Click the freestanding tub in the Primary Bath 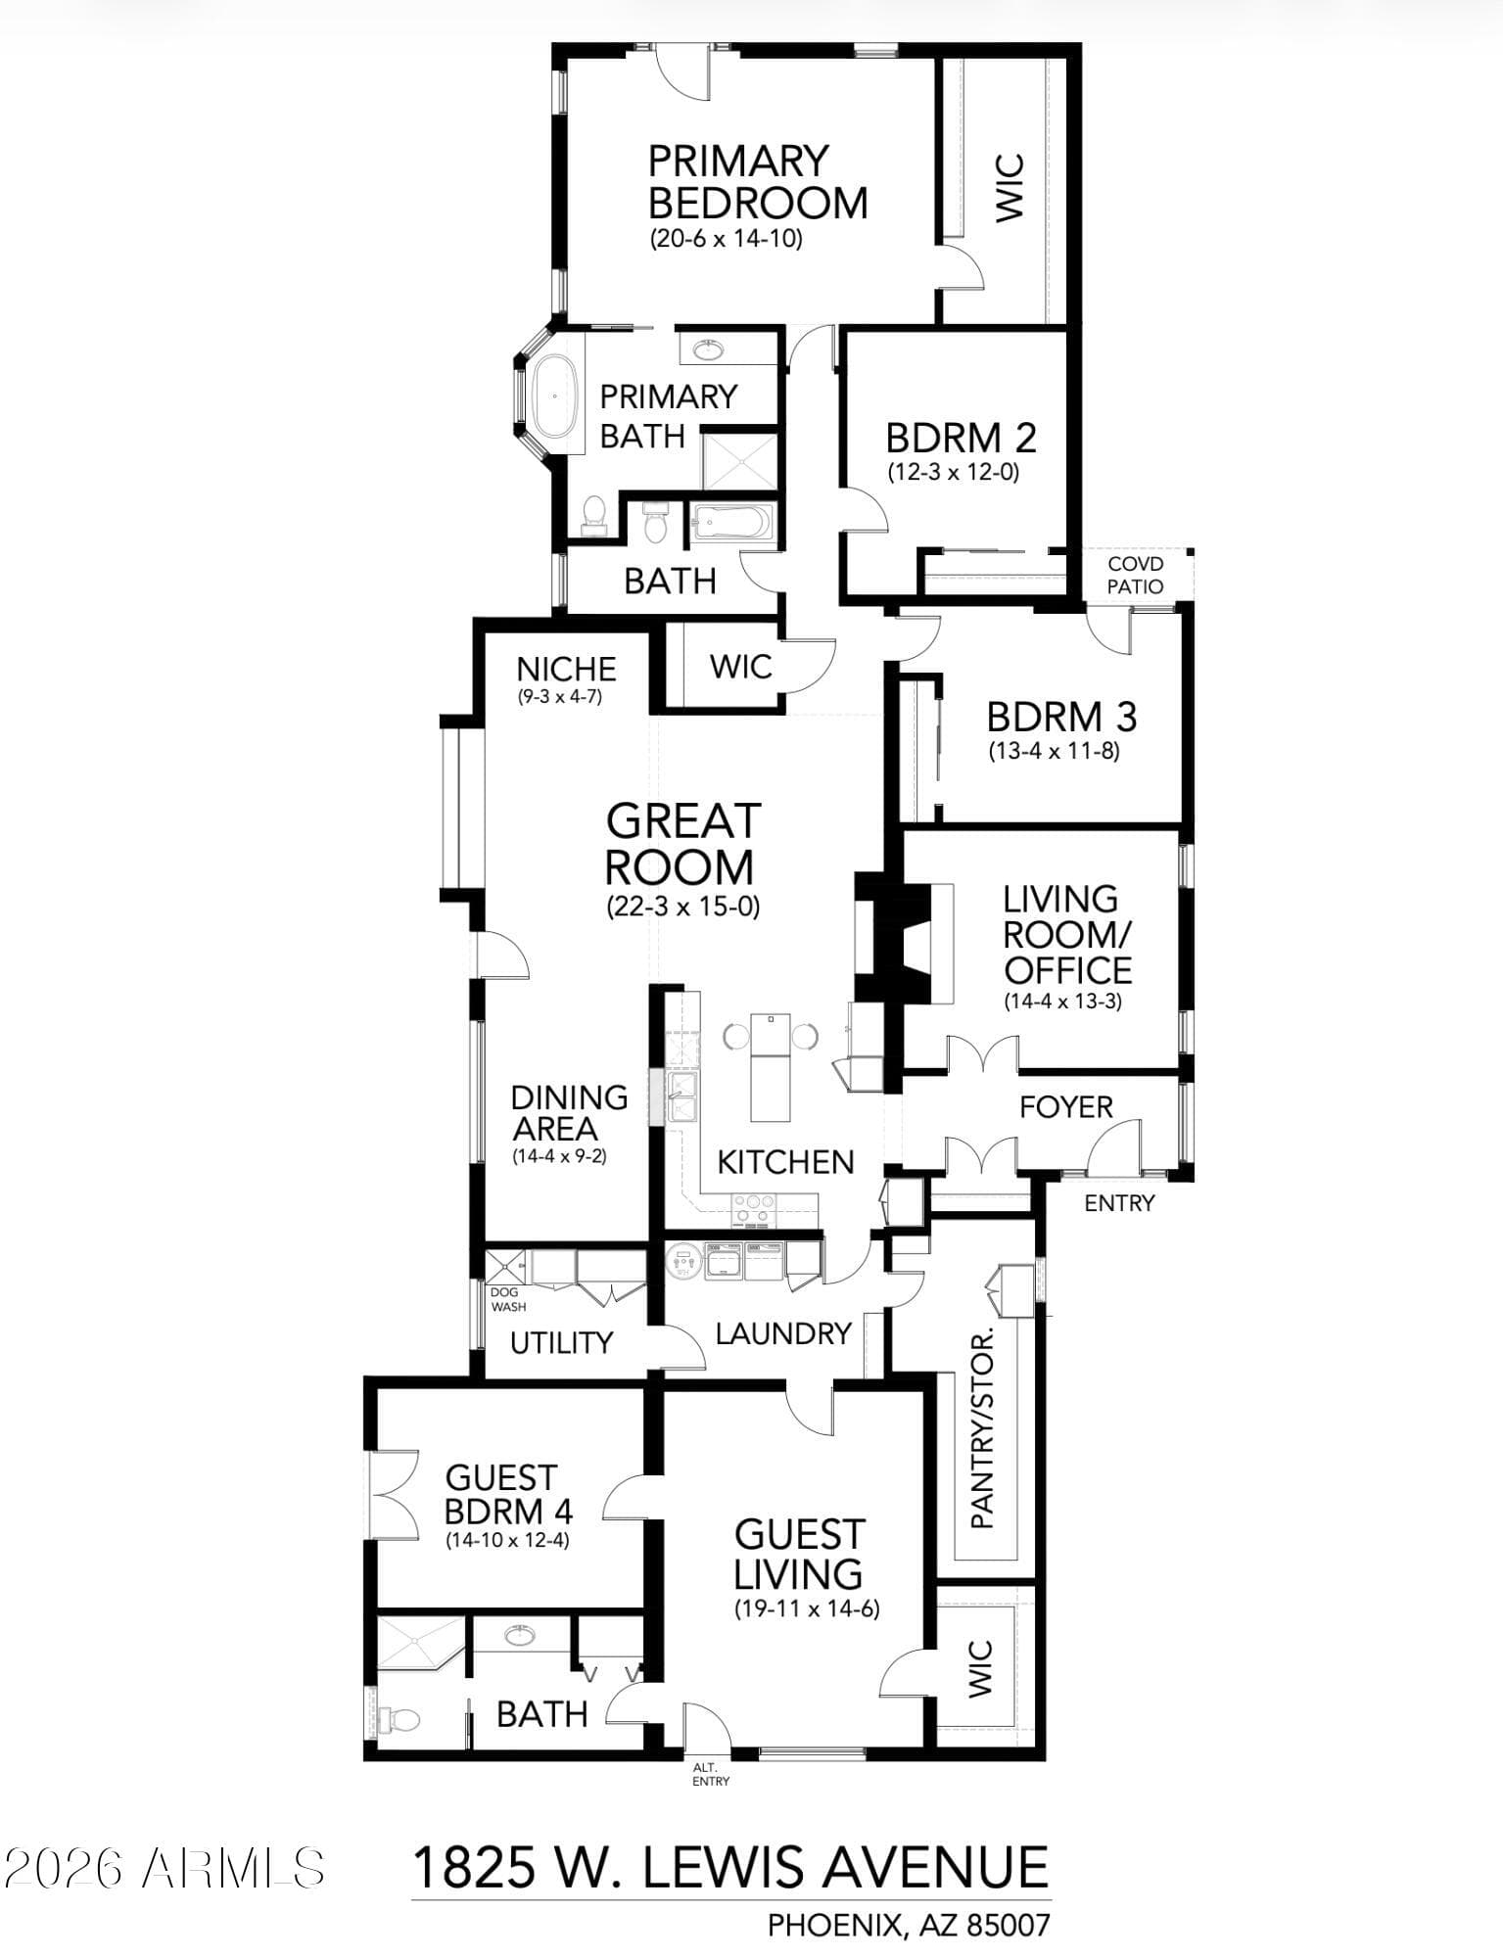554,396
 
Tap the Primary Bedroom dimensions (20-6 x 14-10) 726,239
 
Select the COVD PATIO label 1136,575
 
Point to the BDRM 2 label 961,437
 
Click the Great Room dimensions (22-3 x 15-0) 682,907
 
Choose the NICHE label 566,670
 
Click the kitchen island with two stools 770,1067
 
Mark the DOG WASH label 507,1299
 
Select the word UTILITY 561,1342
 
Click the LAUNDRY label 783,1333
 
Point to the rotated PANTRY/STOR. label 981,1427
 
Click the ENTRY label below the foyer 1119,1203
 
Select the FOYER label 1066,1107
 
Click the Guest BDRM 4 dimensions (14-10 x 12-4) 507,1540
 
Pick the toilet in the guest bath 399,1719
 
